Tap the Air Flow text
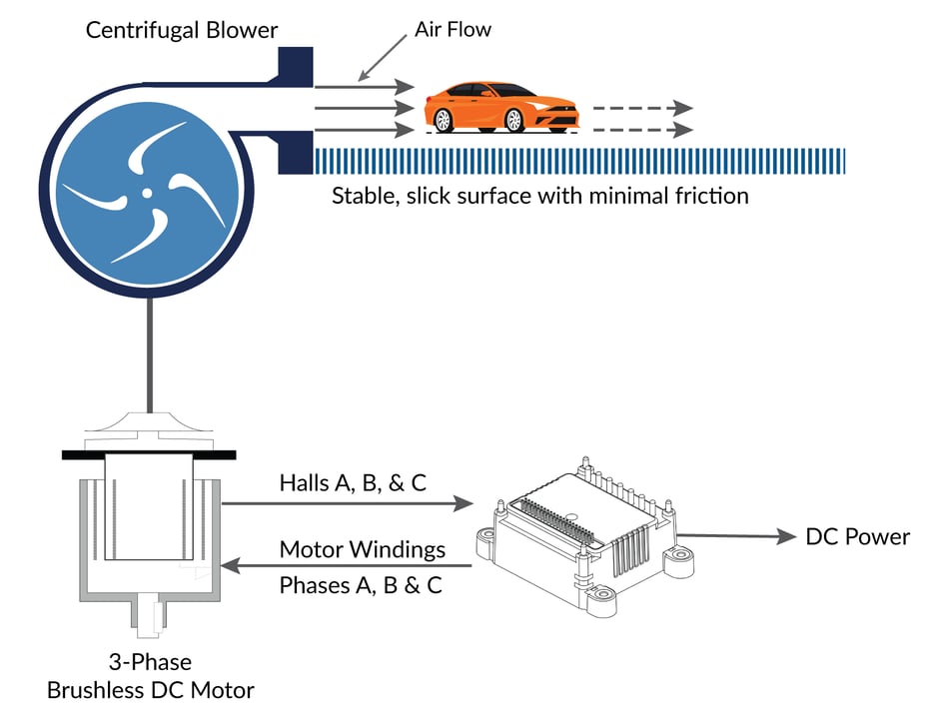(453, 30)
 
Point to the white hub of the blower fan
(147, 191)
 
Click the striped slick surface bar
(579, 161)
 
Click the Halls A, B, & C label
(353, 483)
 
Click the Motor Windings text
(362, 549)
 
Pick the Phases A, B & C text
(361, 585)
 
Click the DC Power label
(857, 537)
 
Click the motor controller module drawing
(584, 534)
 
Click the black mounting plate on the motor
(149, 453)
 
